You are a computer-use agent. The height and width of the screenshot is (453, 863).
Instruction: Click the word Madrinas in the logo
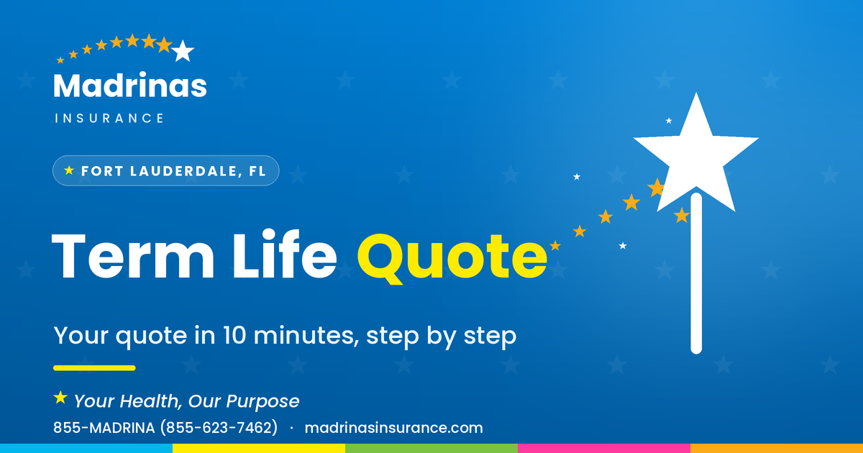point(130,85)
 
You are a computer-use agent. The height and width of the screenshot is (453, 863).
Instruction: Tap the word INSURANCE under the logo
point(109,118)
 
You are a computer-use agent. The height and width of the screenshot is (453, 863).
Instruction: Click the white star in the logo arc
point(183,51)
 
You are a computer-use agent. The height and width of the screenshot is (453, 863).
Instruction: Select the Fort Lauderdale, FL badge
point(165,170)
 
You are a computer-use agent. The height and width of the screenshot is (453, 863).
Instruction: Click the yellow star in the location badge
point(69,170)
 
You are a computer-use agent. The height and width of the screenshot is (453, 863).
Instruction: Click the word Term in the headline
point(132,256)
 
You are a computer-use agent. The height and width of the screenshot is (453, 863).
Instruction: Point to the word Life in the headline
point(285,255)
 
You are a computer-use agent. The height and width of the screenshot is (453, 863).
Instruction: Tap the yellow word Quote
point(452,258)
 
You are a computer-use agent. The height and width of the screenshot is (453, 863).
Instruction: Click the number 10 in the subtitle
point(234,335)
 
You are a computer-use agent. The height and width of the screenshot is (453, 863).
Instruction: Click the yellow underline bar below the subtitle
point(94,368)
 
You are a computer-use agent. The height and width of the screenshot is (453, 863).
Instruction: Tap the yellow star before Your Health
point(60,398)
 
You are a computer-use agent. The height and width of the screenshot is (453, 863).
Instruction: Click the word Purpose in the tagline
point(262,402)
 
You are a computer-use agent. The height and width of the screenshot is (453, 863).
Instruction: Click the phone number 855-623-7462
point(219,428)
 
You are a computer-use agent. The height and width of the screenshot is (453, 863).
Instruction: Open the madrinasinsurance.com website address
point(394,428)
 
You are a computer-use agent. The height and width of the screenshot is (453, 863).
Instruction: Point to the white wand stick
point(696,273)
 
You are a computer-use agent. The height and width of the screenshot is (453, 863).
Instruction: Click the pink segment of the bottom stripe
point(604,449)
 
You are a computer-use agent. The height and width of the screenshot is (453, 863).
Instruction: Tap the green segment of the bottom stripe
point(431,449)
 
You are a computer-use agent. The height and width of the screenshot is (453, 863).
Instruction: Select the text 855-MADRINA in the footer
point(104,428)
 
